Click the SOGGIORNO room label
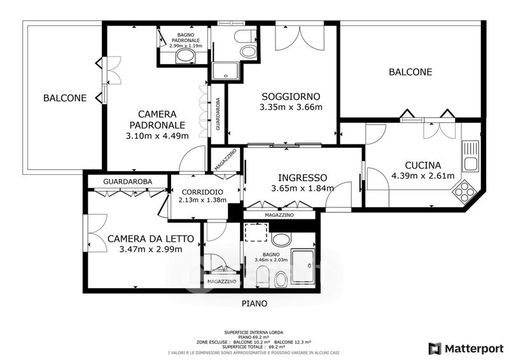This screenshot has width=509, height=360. (291, 97)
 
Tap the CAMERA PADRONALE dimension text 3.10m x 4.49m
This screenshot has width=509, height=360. (157, 135)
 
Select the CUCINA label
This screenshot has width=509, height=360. (423, 165)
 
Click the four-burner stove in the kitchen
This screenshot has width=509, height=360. (464, 191)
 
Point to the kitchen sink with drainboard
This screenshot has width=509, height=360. (470, 156)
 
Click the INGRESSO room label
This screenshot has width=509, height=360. (303, 177)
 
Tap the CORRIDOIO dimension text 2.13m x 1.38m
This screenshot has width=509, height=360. (202, 200)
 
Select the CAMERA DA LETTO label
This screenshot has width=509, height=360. (151, 239)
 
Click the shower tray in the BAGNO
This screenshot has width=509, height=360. (303, 268)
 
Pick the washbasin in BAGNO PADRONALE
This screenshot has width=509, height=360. (186, 57)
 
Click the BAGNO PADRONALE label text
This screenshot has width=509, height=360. (186, 38)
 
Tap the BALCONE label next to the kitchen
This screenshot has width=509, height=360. (410, 72)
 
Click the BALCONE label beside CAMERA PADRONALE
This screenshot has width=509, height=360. (65, 98)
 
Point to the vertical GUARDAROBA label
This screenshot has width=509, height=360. (218, 114)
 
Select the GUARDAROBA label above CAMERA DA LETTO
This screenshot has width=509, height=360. (128, 181)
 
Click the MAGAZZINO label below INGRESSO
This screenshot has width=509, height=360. (279, 215)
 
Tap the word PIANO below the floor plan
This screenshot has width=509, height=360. (254, 303)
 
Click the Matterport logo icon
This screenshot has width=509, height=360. (435, 349)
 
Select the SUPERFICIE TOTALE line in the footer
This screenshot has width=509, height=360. (254, 347)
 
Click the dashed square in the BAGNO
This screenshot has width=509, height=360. (256, 232)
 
